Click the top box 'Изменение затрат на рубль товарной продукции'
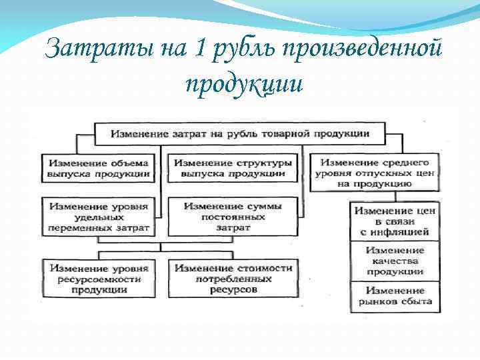coord(240,133)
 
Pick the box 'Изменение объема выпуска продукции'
coord(98,169)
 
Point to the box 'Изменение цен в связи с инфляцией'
coord(395,221)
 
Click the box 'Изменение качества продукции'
coord(395,261)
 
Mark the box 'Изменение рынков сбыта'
coord(395,296)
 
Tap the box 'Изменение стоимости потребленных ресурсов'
coord(233,278)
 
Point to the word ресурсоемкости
coord(99,279)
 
